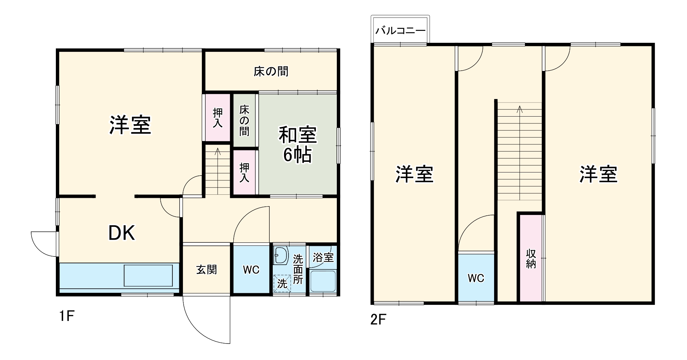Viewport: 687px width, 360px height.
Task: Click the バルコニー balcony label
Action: coord(400,31)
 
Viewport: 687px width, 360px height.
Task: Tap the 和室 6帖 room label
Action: coord(297,144)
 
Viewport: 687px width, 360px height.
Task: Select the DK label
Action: coord(122,233)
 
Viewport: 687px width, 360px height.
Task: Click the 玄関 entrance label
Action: coord(207,270)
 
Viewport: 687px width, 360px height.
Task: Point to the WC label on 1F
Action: coord(251,270)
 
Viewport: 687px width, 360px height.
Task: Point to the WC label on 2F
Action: coord(476,278)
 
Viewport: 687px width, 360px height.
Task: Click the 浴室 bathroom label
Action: coord(323,257)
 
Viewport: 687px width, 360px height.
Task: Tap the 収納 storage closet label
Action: coord(531,259)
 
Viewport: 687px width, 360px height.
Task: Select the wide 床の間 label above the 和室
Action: coord(271,71)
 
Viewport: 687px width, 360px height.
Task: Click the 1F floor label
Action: coord(67,316)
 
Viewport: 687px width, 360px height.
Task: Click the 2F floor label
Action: coord(378,320)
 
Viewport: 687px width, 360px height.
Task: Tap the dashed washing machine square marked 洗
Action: coord(282,284)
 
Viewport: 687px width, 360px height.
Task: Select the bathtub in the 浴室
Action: coord(322,281)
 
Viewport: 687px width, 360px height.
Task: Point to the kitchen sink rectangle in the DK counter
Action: coord(148,275)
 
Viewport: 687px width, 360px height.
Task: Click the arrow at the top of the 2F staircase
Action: coord(520,109)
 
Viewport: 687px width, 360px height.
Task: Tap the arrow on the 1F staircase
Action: coord(217,151)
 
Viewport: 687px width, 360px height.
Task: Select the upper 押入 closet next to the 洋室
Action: coord(217,118)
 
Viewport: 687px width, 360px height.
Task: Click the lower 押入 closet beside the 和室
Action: coord(244,172)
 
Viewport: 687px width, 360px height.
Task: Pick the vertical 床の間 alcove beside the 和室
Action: coord(244,120)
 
